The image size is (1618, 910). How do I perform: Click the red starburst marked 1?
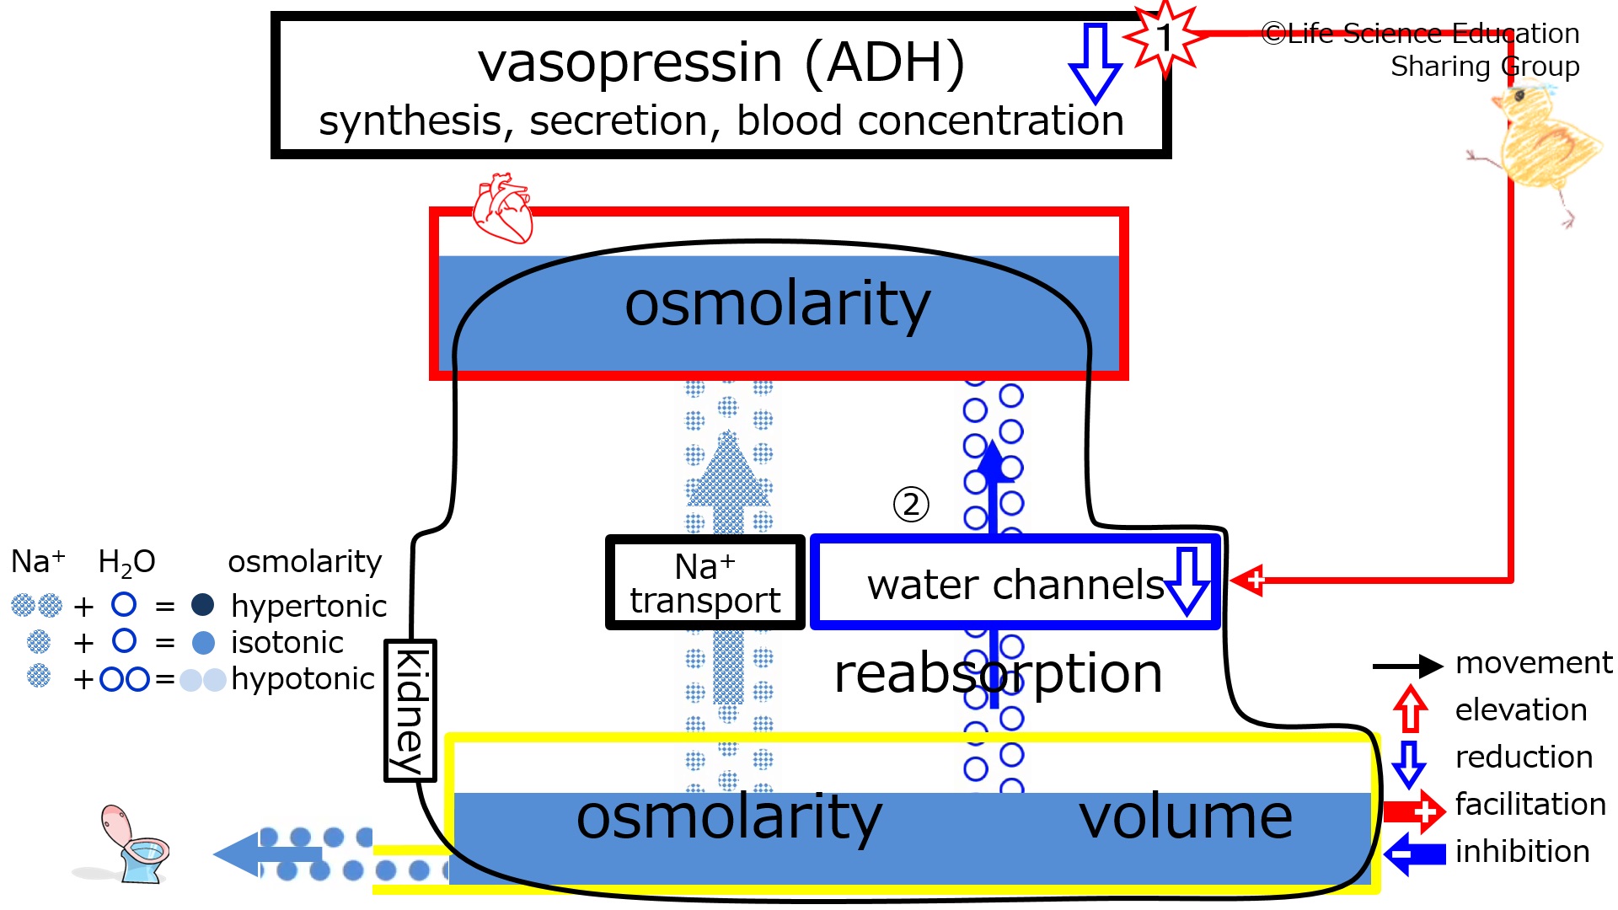[x=1165, y=38]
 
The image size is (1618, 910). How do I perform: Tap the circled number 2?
[x=911, y=505]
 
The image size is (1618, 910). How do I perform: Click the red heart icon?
[x=503, y=208]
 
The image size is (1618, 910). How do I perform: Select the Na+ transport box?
[x=705, y=582]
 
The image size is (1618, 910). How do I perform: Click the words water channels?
[x=1015, y=584]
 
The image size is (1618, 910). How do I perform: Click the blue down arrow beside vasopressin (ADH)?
[x=1095, y=62]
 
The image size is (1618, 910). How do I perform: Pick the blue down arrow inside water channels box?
[x=1187, y=581]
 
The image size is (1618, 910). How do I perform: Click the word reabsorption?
[x=998, y=674]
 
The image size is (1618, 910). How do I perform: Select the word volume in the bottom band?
[x=1186, y=817]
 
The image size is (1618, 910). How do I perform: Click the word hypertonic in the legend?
[x=308, y=607]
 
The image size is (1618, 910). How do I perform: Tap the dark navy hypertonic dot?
[x=203, y=604]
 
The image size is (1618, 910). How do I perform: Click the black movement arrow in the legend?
[x=1408, y=666]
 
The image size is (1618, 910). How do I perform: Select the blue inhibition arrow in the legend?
[x=1415, y=854]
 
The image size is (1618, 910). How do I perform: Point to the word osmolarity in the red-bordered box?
[x=777, y=305]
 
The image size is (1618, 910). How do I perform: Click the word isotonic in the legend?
[x=287, y=643]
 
